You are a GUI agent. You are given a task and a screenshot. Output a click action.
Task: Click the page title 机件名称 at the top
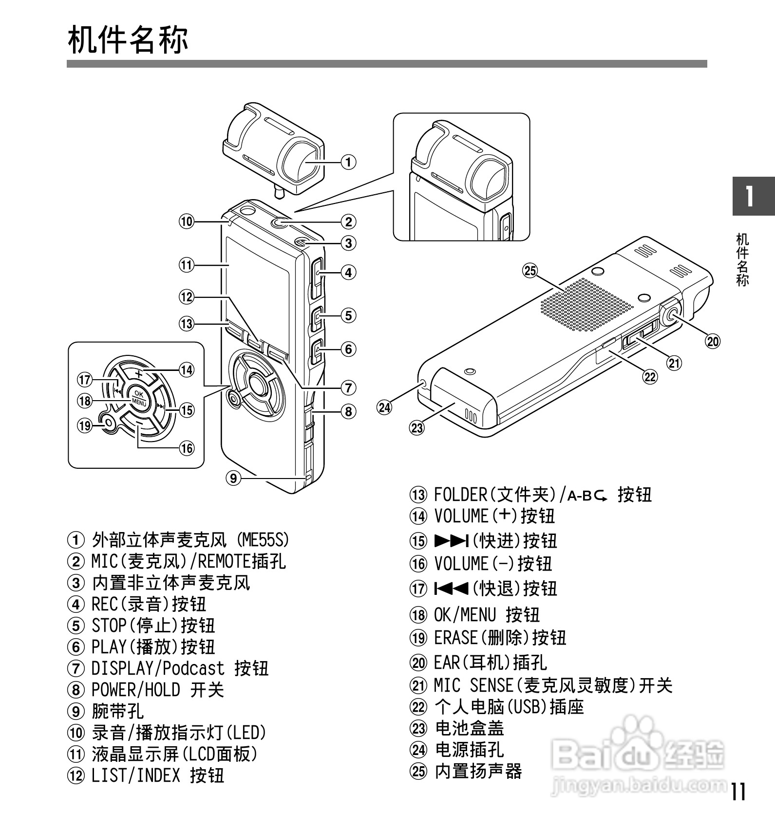click(x=128, y=40)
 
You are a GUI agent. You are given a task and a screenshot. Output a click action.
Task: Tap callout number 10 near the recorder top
click(x=187, y=221)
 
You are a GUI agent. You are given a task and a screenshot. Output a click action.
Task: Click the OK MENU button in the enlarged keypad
click(x=139, y=398)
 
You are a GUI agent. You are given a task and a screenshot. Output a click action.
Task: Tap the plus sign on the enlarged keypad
click(x=139, y=374)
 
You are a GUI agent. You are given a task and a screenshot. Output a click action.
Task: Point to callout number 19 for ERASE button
click(x=85, y=425)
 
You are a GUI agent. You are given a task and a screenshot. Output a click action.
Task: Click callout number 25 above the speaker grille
click(x=529, y=270)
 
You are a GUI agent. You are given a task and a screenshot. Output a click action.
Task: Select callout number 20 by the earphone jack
click(x=713, y=341)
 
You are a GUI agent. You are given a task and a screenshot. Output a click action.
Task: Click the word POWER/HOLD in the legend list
click(x=135, y=690)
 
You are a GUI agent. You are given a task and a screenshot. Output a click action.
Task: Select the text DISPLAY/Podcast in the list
click(x=158, y=668)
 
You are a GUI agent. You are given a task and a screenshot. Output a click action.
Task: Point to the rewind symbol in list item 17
click(x=452, y=588)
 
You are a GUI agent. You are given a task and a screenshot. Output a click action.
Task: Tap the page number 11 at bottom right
click(x=738, y=792)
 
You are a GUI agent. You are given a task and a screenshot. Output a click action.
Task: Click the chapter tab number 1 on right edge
click(x=751, y=196)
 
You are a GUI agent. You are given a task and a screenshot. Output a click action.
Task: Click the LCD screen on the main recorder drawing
click(x=258, y=287)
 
